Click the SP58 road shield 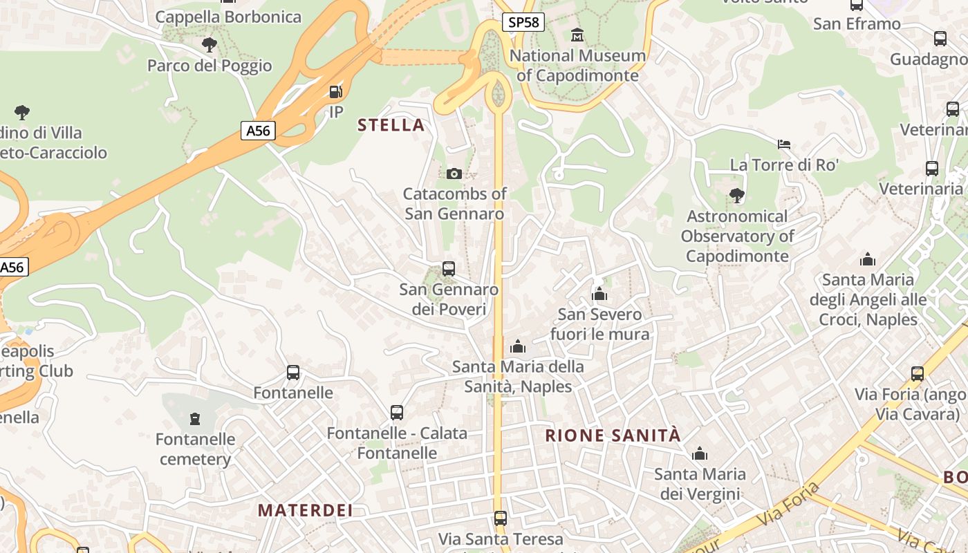tap(523, 22)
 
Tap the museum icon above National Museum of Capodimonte tap(577, 35)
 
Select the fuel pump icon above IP tap(336, 91)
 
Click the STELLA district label tap(391, 125)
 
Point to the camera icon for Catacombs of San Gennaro tap(454, 174)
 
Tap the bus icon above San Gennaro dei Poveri tap(449, 268)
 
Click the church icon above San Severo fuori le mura tap(599, 294)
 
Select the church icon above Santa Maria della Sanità tap(518, 346)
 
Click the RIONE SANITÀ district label tap(613, 435)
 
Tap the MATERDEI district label tap(305, 511)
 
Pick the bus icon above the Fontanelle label tap(293, 373)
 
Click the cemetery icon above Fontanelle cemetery tap(195, 419)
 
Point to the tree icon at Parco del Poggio tap(210, 46)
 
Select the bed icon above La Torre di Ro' tap(784, 144)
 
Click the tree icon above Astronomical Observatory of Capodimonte tap(737, 196)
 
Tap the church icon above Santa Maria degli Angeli tap(868, 260)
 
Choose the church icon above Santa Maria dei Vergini tap(700, 454)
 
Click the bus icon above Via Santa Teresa tap(501, 518)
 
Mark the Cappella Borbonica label tap(228, 17)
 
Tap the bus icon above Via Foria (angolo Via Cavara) tap(918, 374)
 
